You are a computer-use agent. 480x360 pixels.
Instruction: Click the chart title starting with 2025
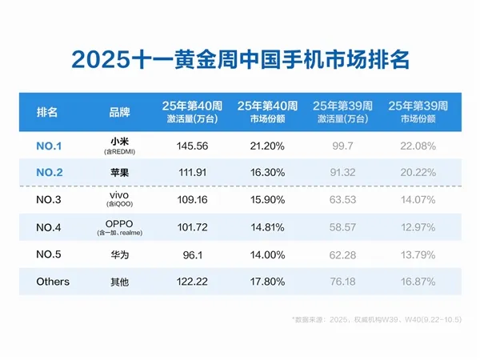click(240, 61)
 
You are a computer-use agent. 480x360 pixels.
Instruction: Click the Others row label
click(53, 282)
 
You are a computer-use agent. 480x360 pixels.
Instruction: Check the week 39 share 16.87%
click(416, 282)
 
